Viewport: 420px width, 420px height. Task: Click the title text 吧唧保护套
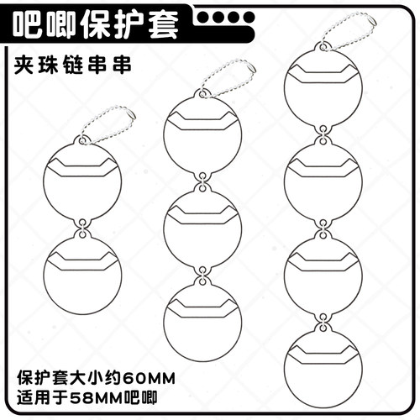tap(95, 25)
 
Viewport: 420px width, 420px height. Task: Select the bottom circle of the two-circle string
tap(81, 275)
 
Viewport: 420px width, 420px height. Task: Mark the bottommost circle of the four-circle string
tap(321, 360)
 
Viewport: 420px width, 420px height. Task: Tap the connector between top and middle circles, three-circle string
tap(202, 183)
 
